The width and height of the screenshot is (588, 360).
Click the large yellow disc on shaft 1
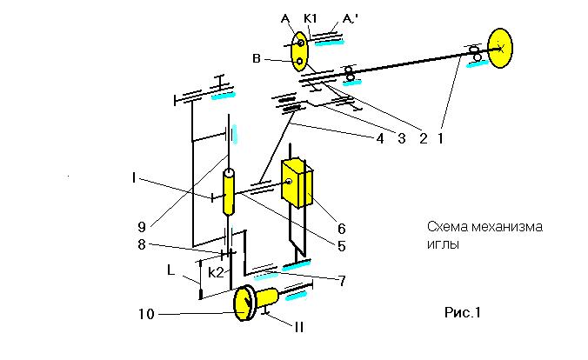coord(500,48)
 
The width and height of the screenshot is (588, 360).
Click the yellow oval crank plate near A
coord(299,52)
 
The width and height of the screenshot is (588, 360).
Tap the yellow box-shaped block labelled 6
coord(297,183)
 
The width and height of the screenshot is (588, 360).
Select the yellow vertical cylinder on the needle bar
coord(229,192)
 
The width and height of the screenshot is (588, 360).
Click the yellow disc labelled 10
coord(244,303)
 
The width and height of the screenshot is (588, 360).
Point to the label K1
coord(311,19)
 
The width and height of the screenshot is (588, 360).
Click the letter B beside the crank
coord(257,59)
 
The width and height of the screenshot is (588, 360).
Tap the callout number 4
coord(380,139)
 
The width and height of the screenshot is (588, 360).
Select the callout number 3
coord(402,139)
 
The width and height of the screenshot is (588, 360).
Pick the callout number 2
coord(424,139)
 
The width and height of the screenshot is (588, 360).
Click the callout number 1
coord(441,139)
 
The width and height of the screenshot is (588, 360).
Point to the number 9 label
coord(142,227)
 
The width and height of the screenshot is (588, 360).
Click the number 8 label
coord(142,244)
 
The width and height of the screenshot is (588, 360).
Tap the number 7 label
coord(342,281)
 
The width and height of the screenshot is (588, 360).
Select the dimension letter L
coord(171,270)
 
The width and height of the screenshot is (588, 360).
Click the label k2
coord(216,273)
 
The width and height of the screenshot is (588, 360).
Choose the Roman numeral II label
coord(299,327)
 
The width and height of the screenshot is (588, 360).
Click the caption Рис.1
coord(463,312)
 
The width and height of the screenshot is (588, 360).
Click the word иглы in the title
coord(443,244)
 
